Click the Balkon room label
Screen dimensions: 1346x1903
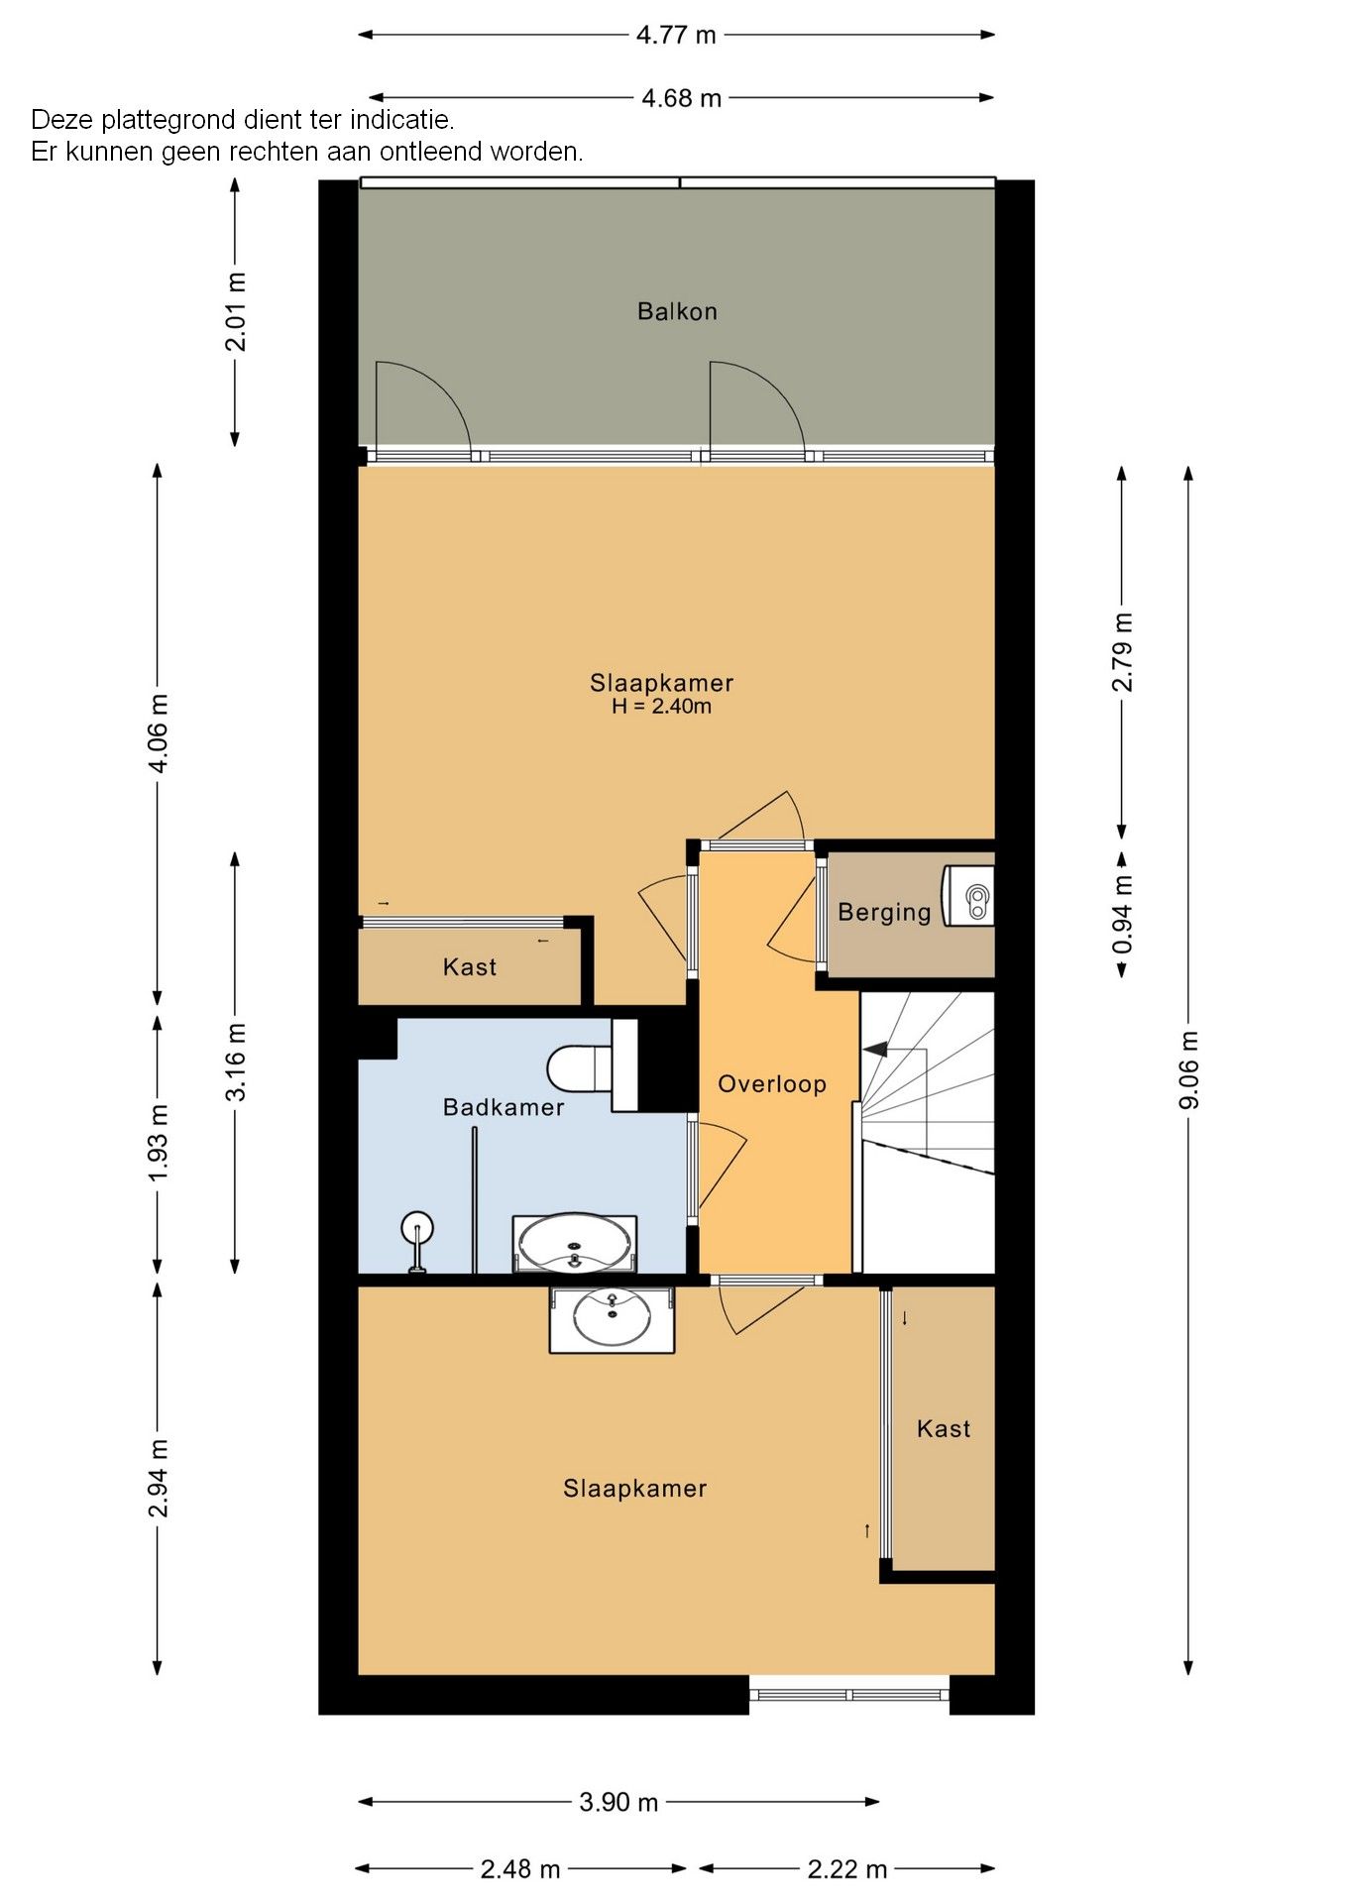tap(677, 311)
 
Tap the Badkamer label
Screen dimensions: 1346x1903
tap(504, 1107)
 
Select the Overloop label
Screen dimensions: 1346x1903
tap(772, 1084)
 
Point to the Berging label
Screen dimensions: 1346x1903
tap(884, 913)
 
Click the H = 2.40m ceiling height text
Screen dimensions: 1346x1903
tap(661, 707)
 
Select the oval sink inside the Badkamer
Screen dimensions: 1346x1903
tap(575, 1244)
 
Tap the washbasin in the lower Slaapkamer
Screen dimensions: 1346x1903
tap(613, 1317)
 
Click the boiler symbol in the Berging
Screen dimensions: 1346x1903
tap(968, 896)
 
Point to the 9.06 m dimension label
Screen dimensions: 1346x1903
tap(1189, 1069)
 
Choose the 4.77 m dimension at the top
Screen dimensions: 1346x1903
tap(676, 35)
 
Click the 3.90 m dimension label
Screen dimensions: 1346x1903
tap(618, 1802)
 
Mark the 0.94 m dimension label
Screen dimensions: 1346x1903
tap(1122, 914)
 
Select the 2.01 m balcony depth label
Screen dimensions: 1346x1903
tap(236, 312)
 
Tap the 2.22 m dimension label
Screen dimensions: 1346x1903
tap(846, 1869)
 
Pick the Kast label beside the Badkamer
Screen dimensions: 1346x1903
tap(470, 967)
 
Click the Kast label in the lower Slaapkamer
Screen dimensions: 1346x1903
tap(944, 1428)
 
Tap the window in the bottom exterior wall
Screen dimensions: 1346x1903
tap(849, 1694)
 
